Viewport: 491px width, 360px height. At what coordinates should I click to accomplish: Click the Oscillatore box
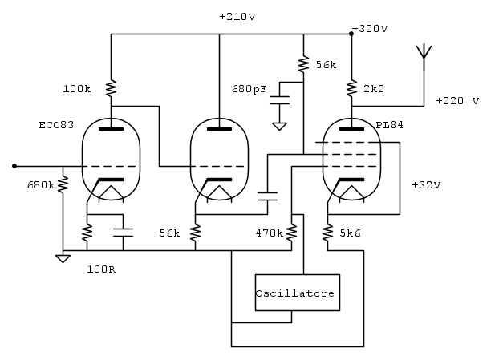[x=295, y=293]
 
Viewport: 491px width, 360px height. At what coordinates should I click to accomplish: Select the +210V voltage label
[x=238, y=16]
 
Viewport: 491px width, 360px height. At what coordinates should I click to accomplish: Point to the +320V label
[x=371, y=28]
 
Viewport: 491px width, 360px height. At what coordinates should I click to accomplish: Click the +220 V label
[x=457, y=101]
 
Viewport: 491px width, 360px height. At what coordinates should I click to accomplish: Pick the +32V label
[x=425, y=184]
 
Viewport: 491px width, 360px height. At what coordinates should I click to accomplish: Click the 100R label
[x=101, y=269]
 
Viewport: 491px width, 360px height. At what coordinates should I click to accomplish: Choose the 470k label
[x=268, y=233]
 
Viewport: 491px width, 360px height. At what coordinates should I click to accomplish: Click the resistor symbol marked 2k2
[x=352, y=87]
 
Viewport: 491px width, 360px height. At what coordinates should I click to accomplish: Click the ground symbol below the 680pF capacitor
[x=279, y=125]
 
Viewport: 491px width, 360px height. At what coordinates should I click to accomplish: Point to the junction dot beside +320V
[x=352, y=34]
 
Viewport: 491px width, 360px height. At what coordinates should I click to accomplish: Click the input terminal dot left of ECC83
[x=14, y=166]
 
